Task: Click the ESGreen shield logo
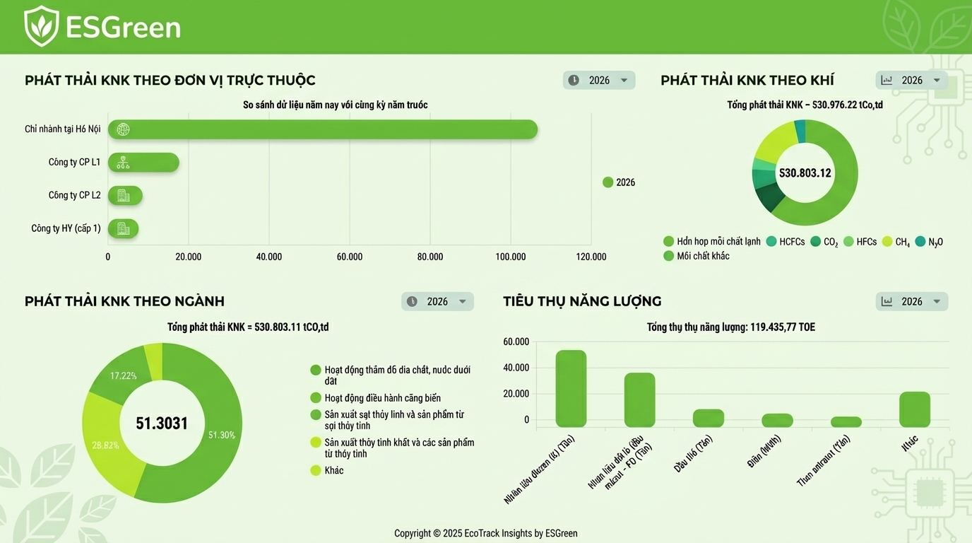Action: (x=41, y=26)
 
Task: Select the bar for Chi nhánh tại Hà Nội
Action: (x=322, y=129)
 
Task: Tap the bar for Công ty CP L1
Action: (x=143, y=163)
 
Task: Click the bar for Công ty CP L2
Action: (x=125, y=196)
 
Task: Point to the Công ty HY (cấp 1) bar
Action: (x=123, y=228)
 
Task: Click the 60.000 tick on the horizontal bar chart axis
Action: (x=350, y=257)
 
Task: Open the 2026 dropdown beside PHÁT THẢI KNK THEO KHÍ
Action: (x=911, y=80)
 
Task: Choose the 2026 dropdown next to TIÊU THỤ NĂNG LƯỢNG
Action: (x=911, y=301)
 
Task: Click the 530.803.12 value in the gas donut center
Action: (x=805, y=173)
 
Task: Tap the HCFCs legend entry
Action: (x=786, y=242)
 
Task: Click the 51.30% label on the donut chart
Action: (x=221, y=435)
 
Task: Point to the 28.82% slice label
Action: (x=105, y=445)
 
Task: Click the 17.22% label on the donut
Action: (x=123, y=375)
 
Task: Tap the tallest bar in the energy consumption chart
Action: (x=571, y=388)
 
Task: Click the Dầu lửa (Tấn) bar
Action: (x=708, y=418)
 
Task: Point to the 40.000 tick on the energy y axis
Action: (x=516, y=368)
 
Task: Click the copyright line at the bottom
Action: (x=485, y=533)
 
